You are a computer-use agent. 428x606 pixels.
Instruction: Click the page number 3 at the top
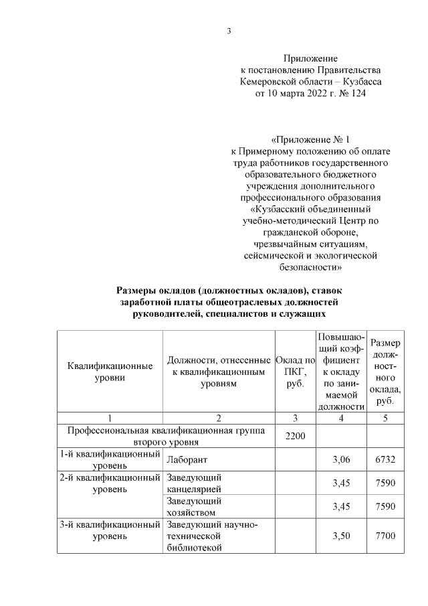229,31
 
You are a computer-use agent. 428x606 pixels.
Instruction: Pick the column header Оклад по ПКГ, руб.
295,372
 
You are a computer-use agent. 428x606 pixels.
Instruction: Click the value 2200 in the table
295,436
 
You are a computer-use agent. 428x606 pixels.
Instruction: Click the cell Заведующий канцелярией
194,483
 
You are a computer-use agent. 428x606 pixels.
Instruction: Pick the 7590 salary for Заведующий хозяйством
385,506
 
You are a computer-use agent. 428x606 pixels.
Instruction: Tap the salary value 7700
385,536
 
